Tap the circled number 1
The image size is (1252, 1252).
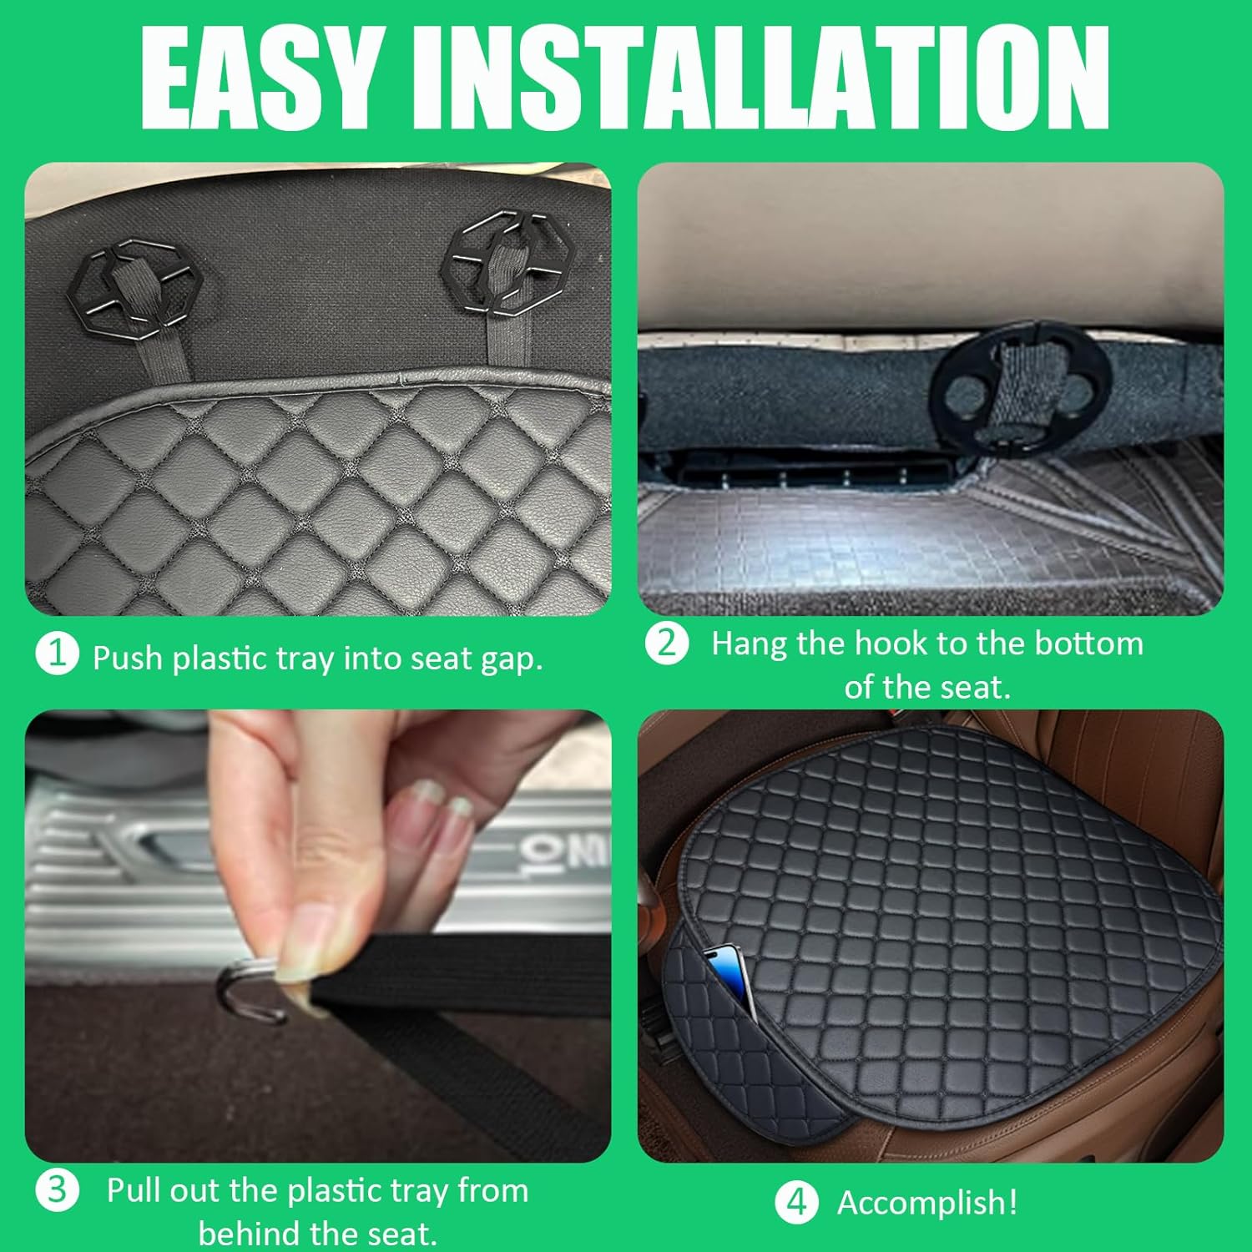57,654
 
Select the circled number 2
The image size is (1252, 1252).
667,644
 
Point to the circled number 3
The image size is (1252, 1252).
57,1189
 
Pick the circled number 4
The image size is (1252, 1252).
797,1203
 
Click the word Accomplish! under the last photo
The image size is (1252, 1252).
927,1203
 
